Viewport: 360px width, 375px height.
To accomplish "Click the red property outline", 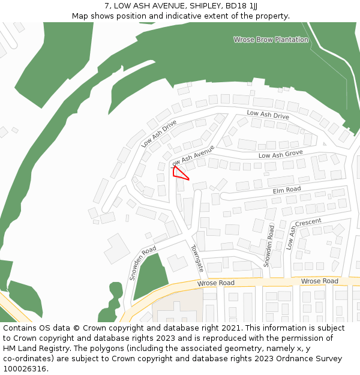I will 179,173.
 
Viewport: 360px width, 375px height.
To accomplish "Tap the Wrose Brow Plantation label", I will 271,40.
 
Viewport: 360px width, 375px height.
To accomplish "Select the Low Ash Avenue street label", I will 192,155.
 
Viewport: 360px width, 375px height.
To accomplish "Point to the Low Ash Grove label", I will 280,155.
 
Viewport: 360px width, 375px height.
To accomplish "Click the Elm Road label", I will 286,190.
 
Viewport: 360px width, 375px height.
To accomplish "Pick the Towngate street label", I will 197,258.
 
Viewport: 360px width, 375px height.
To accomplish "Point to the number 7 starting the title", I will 107,6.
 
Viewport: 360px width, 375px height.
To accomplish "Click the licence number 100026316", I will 24,368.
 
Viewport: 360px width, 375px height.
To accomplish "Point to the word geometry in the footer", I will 227,348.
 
